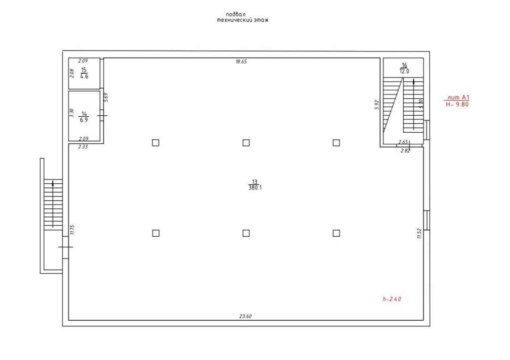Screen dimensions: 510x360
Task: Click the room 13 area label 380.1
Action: tap(255, 188)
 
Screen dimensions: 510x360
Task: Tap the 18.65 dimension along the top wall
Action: tap(241, 61)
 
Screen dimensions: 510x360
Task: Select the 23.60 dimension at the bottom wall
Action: tap(245, 316)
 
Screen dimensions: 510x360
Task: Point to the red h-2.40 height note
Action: tap(391, 299)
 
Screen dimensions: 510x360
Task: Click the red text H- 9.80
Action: tap(457, 104)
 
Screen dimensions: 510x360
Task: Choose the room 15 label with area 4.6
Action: tap(84, 73)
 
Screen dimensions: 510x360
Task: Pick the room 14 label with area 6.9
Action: tap(84, 117)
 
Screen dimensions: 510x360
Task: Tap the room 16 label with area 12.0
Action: tap(404, 69)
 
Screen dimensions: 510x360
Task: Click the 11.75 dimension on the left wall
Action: tap(73, 230)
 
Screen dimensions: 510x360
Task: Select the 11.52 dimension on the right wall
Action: tap(419, 233)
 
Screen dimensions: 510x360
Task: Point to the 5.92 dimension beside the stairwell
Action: tap(377, 104)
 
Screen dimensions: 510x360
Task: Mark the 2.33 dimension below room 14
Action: tap(83, 147)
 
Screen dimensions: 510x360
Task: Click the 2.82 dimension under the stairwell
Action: tap(405, 151)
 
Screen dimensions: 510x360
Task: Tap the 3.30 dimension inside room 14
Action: tap(72, 113)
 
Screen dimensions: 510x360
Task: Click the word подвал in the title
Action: tap(236, 14)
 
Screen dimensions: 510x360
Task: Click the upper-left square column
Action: tap(156, 143)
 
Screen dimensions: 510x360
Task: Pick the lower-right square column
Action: tap(336, 233)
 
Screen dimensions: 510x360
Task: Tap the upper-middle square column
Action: tap(246, 143)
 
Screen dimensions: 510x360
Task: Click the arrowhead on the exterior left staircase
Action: tap(53, 184)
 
